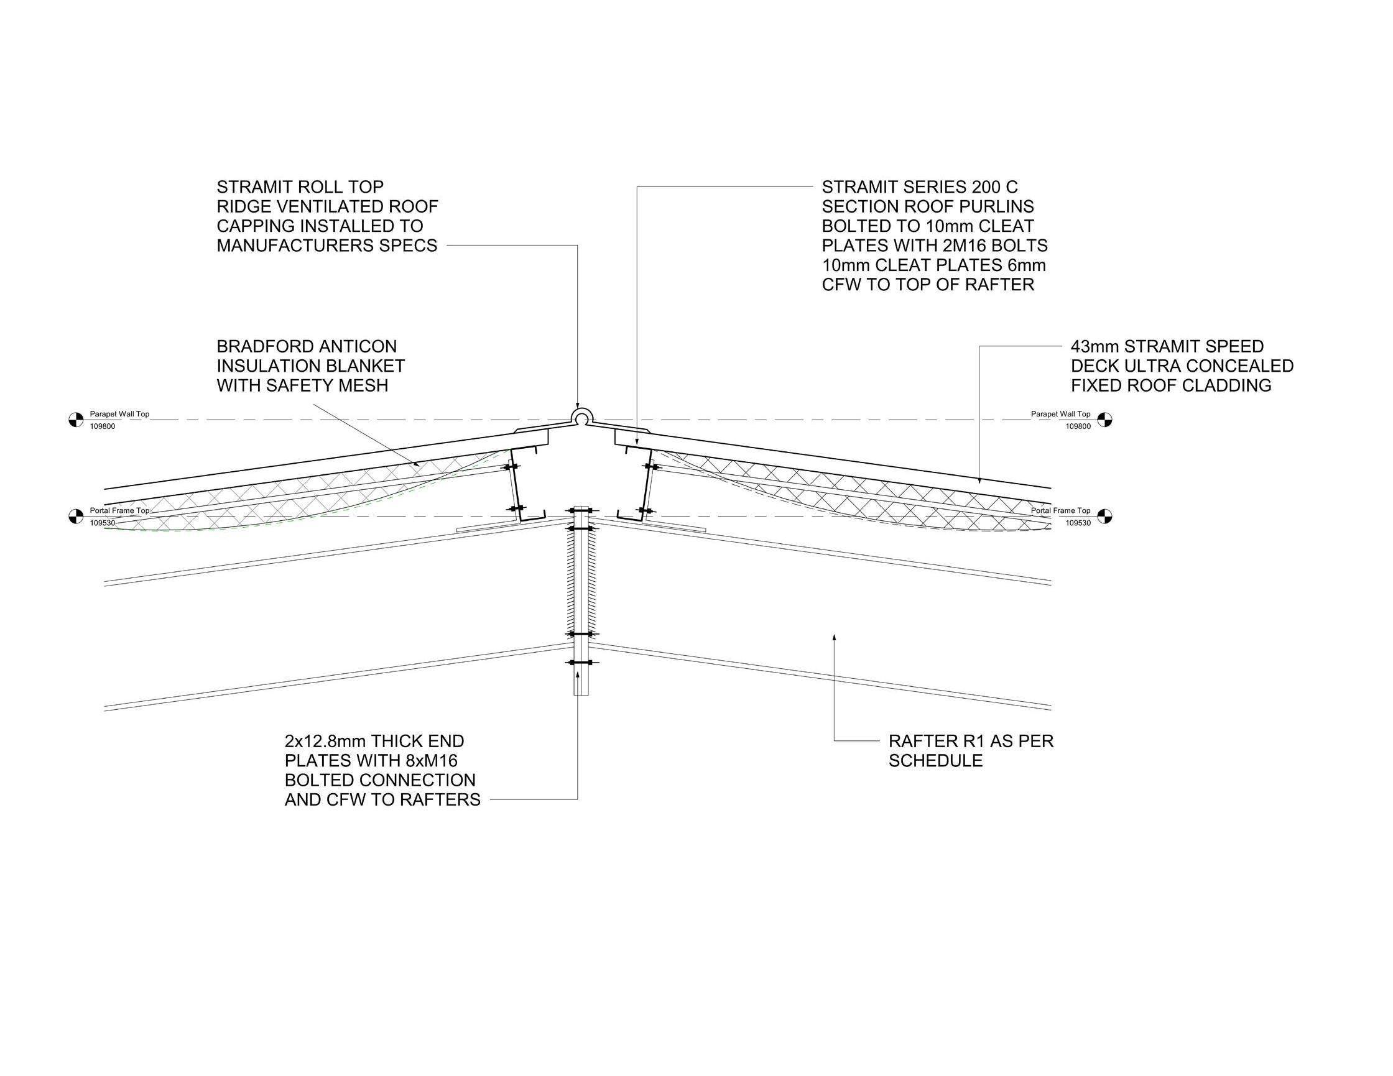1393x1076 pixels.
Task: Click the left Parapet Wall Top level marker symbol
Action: pyautogui.click(x=76, y=420)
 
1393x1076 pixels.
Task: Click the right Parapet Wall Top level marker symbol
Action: pyautogui.click(x=1104, y=420)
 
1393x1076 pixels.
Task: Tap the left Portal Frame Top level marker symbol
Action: pyautogui.click(x=76, y=516)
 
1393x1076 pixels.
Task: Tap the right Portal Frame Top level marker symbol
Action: pyautogui.click(x=1104, y=516)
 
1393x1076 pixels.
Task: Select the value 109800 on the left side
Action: pyautogui.click(x=103, y=426)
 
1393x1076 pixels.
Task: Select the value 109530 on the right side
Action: pyautogui.click(x=1078, y=523)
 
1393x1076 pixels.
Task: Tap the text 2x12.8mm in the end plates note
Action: pyautogui.click(x=325, y=742)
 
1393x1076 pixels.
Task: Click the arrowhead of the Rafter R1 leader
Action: pyautogui.click(x=835, y=637)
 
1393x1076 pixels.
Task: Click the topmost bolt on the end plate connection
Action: pyautogui.click(x=580, y=510)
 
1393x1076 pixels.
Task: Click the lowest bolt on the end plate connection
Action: pyautogui.click(x=580, y=663)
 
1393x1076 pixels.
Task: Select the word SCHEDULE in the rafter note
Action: pyautogui.click(x=936, y=761)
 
